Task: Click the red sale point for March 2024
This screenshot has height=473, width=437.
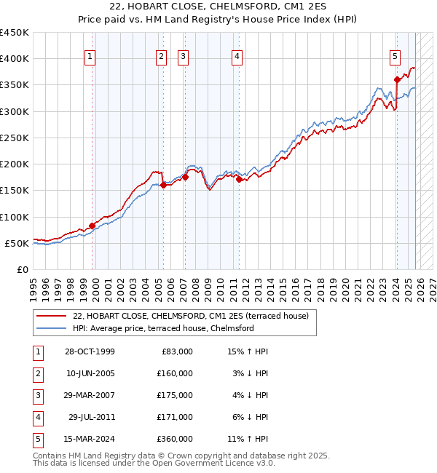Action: (397, 80)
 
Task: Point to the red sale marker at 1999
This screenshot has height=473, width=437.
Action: (92, 226)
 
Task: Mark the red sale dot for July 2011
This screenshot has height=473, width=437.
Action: (239, 179)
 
